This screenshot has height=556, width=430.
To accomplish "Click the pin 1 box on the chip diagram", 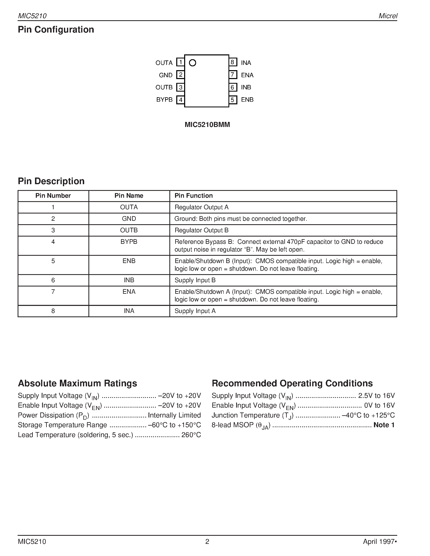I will coord(180,62).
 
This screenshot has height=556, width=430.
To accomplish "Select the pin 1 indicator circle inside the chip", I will coord(193,63).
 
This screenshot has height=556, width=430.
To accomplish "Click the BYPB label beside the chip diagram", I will coord(164,99).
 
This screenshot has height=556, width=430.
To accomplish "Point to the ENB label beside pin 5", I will coord(247,99).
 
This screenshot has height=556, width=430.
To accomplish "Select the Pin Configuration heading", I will coord(56,30).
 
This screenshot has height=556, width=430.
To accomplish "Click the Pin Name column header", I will coord(129,196).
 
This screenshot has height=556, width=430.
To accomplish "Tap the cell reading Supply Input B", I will coord(195,280).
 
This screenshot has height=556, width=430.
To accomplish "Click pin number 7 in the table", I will coord(53,292).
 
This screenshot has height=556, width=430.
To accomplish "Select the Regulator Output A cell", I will coord(201,207).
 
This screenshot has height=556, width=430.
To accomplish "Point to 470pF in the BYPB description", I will coord(297,242).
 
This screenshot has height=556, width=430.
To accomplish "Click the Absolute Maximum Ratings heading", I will coord(78,383).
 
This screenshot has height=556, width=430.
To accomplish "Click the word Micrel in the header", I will coord(388,16).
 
